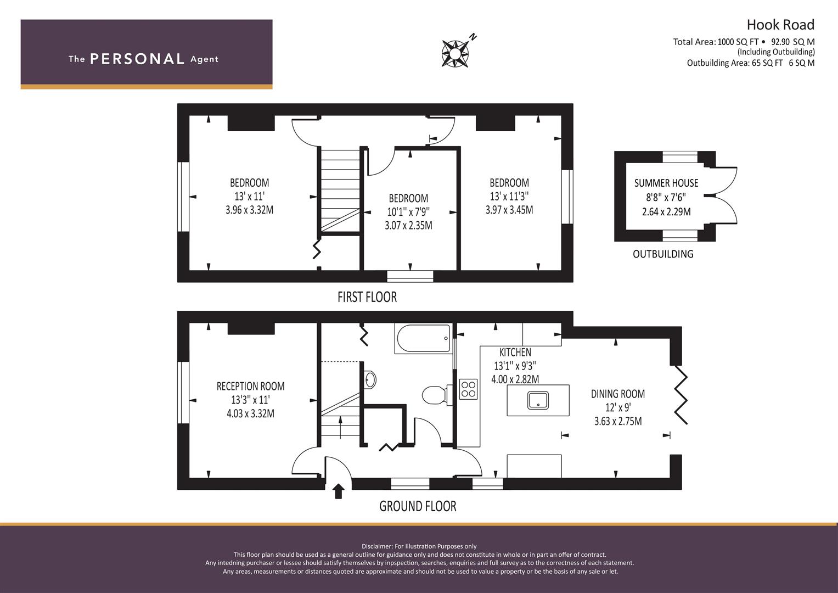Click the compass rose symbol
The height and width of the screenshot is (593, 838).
454,54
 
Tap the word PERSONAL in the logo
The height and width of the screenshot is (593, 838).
137,59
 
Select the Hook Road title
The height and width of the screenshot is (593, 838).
780,25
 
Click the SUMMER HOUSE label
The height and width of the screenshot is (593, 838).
666,183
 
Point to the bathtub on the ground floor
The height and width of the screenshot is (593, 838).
424,338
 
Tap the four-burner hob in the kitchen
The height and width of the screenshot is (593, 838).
468,389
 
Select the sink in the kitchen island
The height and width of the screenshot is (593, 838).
538,400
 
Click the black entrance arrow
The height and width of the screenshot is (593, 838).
338,491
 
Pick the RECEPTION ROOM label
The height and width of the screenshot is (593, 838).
250,387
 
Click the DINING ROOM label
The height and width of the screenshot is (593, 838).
618,394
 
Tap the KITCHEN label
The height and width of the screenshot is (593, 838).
515,353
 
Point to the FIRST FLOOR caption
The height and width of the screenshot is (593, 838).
367,297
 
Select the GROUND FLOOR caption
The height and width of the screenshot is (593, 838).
418,506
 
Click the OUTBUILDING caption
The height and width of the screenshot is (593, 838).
663,254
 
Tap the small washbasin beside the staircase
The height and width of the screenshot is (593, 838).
370,380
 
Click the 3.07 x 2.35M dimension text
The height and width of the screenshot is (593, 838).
408,225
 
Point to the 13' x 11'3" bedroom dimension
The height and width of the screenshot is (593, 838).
509,196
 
